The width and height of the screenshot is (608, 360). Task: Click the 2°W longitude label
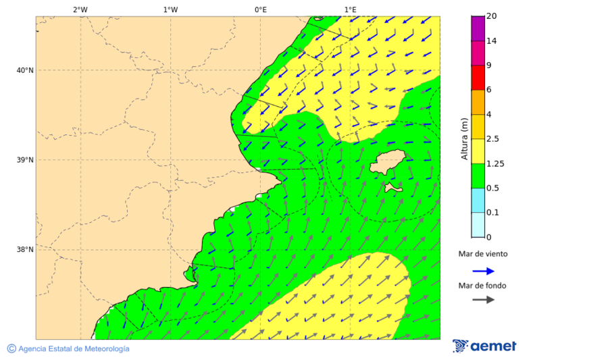point(80,9)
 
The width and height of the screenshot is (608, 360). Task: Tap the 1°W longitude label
point(170,9)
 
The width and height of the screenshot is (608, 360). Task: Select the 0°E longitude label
point(260,9)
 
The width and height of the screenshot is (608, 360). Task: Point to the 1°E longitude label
point(350,9)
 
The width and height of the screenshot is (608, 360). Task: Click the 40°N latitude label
point(24,70)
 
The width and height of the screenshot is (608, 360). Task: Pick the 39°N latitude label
point(24,160)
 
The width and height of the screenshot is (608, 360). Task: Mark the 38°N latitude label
point(24,250)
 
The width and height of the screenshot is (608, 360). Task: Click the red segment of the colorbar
point(478,78)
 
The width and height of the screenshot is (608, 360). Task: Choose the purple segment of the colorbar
point(478,28)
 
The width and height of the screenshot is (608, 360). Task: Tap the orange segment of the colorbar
point(478,102)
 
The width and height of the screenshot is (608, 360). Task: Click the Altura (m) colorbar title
point(464,138)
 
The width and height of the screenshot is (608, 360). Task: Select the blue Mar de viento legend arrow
point(483,271)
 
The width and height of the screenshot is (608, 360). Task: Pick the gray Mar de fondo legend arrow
point(483,299)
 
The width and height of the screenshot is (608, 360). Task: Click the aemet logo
point(484,346)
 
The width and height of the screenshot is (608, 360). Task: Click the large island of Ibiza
point(387,162)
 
